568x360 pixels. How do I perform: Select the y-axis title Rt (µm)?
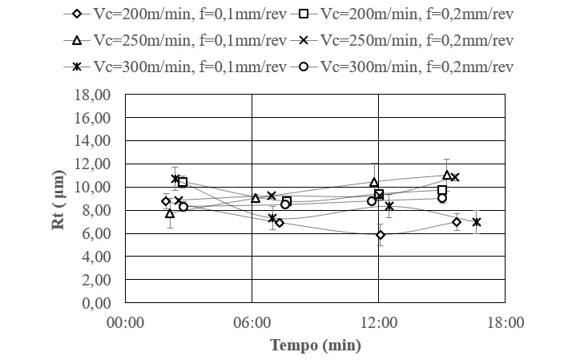click(x=58, y=199)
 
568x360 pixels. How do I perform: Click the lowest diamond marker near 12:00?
click(x=381, y=235)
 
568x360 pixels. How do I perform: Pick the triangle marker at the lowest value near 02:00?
click(x=170, y=214)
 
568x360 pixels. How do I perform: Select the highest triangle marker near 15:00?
click(x=447, y=175)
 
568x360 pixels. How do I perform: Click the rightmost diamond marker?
click(x=457, y=222)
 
